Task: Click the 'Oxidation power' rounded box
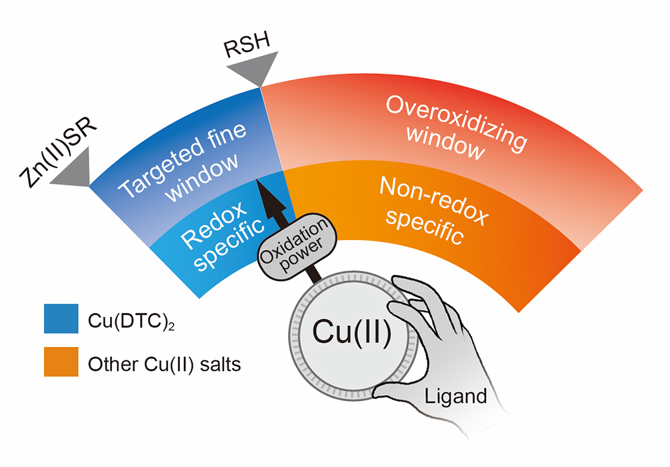click(295, 244)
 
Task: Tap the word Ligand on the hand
click(456, 397)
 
